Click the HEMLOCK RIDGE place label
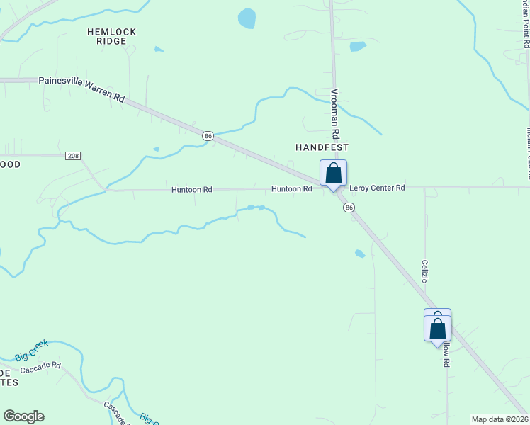(x=111, y=37)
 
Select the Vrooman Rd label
(x=336, y=114)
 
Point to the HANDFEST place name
(x=322, y=147)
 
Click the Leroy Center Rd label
(x=377, y=188)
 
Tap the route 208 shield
(x=72, y=155)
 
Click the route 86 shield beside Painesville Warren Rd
(x=208, y=135)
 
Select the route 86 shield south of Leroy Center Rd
(x=349, y=208)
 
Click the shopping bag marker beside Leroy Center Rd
(x=333, y=174)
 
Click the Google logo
(x=23, y=416)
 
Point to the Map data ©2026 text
(x=500, y=419)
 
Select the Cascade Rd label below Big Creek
(x=40, y=368)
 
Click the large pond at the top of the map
(x=247, y=18)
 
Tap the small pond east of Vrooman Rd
(x=358, y=47)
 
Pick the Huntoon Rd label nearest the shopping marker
(x=291, y=189)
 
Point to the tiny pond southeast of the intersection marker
(x=360, y=254)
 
